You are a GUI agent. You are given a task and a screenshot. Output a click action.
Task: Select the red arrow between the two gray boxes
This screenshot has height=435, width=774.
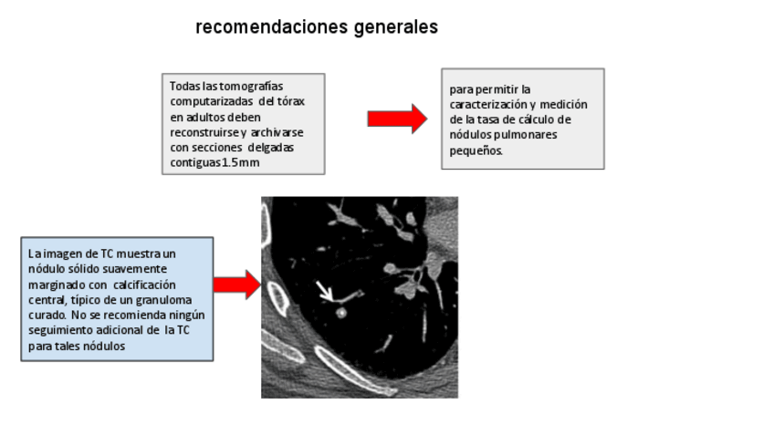[396, 119]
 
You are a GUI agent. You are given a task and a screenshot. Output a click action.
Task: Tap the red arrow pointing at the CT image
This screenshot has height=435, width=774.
[236, 285]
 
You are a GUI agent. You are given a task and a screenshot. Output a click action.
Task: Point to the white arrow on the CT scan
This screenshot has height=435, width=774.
[324, 291]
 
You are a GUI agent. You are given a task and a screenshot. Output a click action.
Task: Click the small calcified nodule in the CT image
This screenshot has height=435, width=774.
[341, 312]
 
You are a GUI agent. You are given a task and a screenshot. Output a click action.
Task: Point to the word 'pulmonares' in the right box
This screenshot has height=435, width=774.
[528, 135]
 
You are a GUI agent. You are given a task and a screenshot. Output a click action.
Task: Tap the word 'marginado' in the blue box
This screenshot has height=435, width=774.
[54, 285]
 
